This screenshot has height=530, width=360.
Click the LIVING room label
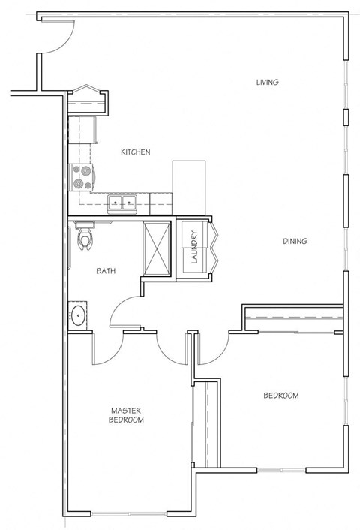267,82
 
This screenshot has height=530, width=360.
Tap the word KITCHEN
136,152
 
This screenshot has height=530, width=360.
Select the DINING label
295,241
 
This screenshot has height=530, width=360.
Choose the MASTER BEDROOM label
127,415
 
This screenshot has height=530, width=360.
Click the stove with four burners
82,177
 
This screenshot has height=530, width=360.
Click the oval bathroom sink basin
78,315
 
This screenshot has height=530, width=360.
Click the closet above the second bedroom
293,319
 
